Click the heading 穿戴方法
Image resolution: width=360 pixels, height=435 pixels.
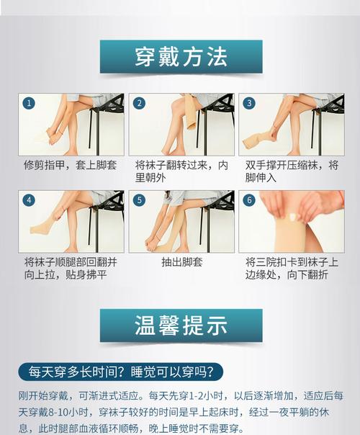coord(181,57)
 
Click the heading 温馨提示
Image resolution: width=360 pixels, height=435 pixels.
coord(181,325)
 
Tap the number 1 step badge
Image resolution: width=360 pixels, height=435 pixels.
coord(29,104)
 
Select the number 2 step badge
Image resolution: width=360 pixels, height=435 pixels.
coord(139,103)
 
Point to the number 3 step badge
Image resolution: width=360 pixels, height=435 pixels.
coord(249,103)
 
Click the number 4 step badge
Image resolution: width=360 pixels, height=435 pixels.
coord(29,200)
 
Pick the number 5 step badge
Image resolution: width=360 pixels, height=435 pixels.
coord(139,200)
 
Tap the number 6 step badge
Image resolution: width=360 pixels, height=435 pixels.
coord(249,200)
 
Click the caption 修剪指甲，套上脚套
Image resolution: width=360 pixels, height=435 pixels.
coord(71,166)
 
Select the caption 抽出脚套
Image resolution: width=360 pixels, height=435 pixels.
coord(182,262)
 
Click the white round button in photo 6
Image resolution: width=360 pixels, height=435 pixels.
coord(294,216)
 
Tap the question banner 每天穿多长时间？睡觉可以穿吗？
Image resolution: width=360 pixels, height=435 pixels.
coord(121,372)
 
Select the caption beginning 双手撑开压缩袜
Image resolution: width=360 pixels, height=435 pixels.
coord(292,171)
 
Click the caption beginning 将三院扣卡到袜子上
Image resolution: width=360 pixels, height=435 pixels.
coord(292,269)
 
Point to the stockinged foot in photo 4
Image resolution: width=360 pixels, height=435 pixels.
coord(45,228)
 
